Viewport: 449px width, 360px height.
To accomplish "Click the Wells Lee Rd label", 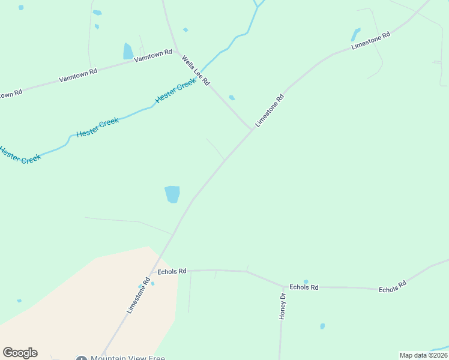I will pyautogui.click(x=196, y=71).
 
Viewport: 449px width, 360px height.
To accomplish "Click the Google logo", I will pyautogui.click(x=20, y=353).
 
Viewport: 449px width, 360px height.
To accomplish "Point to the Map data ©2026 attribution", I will pyautogui.click(x=423, y=355).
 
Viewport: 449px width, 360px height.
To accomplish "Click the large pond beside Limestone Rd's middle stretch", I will pyautogui.click(x=172, y=194).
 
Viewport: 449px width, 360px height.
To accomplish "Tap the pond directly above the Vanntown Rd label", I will pyautogui.click(x=128, y=51).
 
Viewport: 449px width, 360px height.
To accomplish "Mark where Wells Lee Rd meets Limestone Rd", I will pyautogui.click(x=252, y=130).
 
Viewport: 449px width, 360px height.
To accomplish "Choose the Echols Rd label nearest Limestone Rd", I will pyautogui.click(x=172, y=271).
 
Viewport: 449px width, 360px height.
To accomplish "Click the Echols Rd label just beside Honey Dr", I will pyautogui.click(x=304, y=287).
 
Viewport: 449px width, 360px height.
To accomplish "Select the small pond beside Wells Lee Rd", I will pyautogui.click(x=232, y=98).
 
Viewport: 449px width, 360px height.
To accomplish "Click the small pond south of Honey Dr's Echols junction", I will pyautogui.click(x=322, y=326).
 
